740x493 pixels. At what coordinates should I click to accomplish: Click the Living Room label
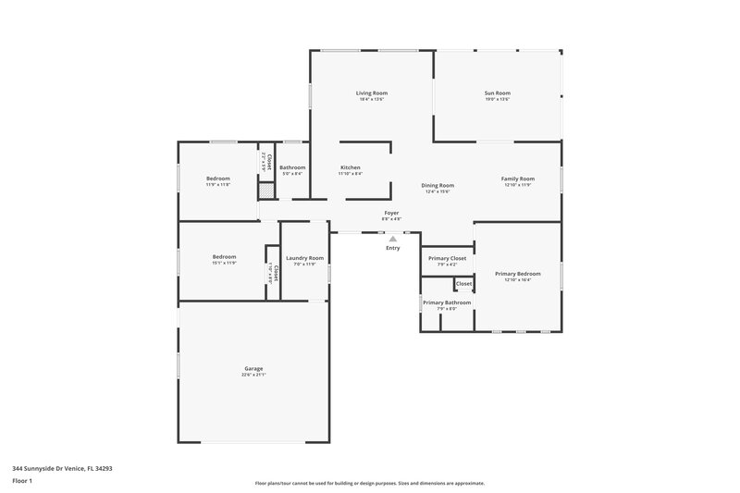click(x=372, y=92)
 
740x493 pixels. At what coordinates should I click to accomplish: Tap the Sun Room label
click(x=497, y=92)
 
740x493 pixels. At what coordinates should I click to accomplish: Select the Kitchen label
click(x=350, y=167)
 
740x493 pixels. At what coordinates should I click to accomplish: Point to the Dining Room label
click(x=438, y=185)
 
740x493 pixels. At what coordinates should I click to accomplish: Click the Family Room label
click(x=518, y=179)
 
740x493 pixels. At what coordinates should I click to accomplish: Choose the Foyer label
click(x=392, y=213)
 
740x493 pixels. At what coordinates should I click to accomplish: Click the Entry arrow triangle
click(x=392, y=239)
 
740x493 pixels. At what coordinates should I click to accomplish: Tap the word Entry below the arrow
click(x=392, y=248)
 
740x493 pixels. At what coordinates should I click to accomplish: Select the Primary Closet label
click(x=447, y=258)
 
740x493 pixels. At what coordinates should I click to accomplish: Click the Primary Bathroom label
click(x=447, y=302)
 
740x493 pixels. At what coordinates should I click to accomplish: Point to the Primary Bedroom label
click(x=517, y=274)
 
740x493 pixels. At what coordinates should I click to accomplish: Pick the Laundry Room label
click(x=304, y=258)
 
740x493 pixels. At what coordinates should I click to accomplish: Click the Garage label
click(x=253, y=368)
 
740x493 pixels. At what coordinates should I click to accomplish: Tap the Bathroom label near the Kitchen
click(x=292, y=167)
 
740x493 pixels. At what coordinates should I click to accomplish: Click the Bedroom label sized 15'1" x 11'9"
click(x=224, y=256)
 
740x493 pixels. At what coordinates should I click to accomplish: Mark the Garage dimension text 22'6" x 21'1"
click(x=253, y=375)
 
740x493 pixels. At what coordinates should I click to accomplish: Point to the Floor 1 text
click(x=23, y=481)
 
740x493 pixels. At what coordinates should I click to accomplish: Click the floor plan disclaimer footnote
click(x=369, y=483)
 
